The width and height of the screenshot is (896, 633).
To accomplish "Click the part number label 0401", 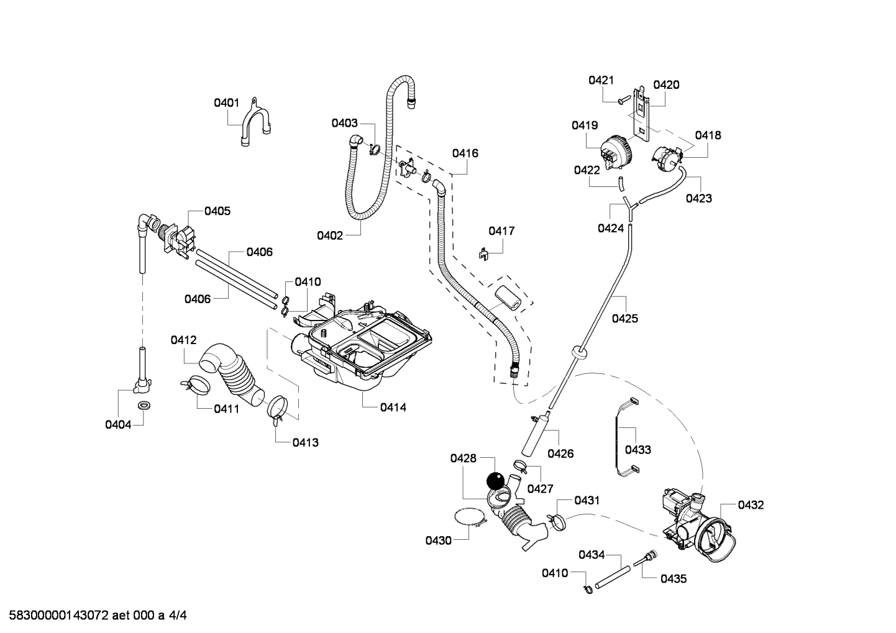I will pos(226,102).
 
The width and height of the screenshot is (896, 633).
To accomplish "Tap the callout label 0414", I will pos(393,408).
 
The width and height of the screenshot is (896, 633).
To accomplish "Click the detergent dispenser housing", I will pos(363,342).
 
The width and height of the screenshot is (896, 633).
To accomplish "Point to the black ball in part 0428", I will pos(495,481).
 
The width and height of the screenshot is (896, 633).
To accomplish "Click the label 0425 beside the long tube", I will pos(624,319).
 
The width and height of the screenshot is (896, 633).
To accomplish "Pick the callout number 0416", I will pos(465,153).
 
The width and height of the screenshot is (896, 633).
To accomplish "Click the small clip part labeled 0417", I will pos(485,253).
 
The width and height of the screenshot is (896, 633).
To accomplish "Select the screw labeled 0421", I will pos(624,99).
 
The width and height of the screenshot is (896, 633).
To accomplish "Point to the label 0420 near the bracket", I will pos(666,85).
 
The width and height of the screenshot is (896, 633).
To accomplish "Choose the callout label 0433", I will pos(638,450).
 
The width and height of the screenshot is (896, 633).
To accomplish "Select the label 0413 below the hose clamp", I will pos(306,442).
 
